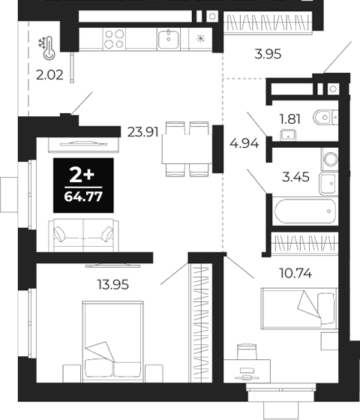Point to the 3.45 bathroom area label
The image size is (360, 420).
point(295,178)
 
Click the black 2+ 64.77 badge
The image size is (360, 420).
point(82,186)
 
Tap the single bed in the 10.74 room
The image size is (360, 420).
point(298,309)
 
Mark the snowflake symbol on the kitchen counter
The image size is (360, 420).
point(200,38)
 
